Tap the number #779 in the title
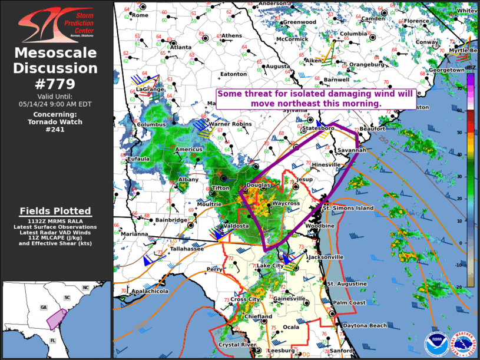click(x=55, y=84)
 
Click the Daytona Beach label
click(x=365, y=326)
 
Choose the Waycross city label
click(x=286, y=203)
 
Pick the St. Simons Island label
click(x=347, y=208)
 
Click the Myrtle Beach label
click(x=463, y=51)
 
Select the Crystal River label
click(x=237, y=345)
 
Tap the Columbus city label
click(x=153, y=125)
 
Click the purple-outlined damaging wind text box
click(x=316, y=98)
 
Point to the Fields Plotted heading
click(x=55, y=210)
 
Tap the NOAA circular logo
click(x=436, y=344)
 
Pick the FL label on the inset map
click(x=52, y=341)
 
